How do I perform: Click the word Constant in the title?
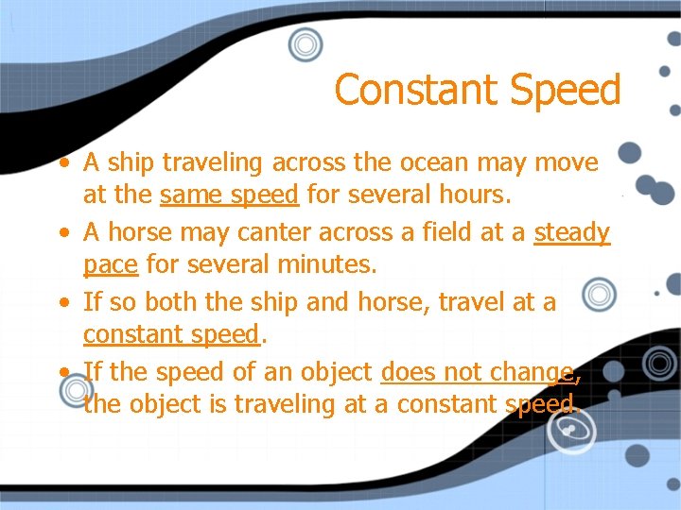417,91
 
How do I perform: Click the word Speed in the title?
565,91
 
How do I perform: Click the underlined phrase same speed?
230,195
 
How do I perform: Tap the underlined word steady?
572,232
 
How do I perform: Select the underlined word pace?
110,265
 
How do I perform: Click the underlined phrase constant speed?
170,335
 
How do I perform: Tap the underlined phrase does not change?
479,372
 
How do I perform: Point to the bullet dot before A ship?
62,163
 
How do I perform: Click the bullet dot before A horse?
62,232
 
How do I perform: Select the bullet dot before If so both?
62,302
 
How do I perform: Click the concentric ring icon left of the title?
305,43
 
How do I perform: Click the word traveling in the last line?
285,405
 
